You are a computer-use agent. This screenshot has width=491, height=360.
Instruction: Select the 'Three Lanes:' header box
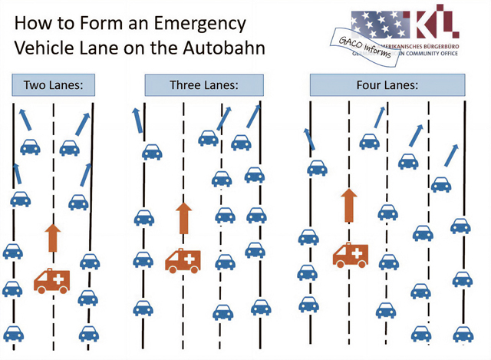(204, 84)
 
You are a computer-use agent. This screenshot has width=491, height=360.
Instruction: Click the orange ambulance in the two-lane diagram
(51, 279)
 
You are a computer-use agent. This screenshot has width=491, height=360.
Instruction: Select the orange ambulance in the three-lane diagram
(183, 261)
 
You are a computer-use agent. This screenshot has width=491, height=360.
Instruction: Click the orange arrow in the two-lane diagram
(51, 238)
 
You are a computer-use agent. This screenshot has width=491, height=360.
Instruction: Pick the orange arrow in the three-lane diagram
(183, 218)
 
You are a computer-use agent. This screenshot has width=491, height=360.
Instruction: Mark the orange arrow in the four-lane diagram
(350, 206)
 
